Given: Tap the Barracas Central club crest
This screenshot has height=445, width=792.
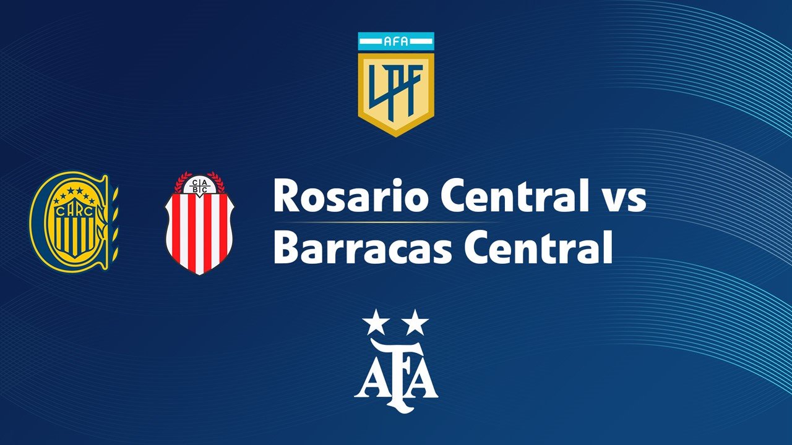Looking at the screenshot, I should click(x=199, y=224).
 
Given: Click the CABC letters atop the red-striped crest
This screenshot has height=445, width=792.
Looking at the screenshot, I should click(x=199, y=187).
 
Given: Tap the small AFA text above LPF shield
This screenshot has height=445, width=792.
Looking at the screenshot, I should click(x=396, y=42).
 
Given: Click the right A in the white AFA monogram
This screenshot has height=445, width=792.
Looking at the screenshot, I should click(x=424, y=380).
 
